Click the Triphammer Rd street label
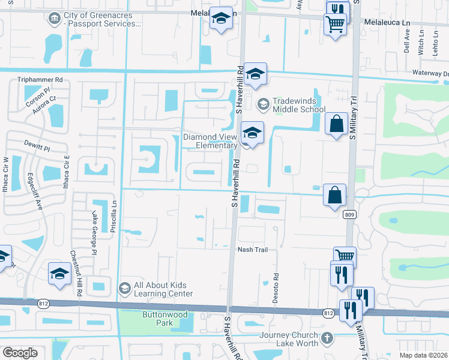pos(41,79)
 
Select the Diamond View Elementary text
pos(210,140)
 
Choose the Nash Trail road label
pos(252,250)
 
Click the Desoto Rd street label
pos(277,288)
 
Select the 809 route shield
pos(348,214)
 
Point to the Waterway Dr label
pos(430,73)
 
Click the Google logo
pos(20,353)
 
